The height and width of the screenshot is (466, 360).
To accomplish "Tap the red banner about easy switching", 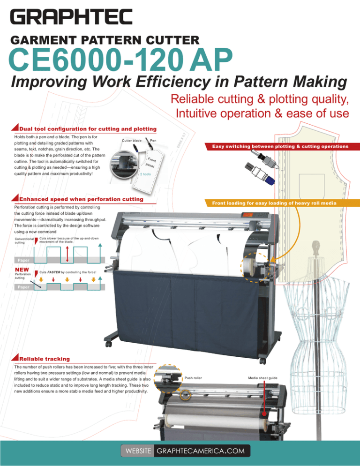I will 280,146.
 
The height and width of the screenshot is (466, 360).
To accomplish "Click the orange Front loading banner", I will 279,203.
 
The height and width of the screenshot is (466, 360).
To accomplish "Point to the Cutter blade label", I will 131,141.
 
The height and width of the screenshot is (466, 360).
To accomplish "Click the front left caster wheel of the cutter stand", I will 109,344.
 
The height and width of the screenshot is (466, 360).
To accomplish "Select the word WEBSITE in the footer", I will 137,451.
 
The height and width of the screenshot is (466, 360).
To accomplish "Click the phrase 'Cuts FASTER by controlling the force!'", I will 68,272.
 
